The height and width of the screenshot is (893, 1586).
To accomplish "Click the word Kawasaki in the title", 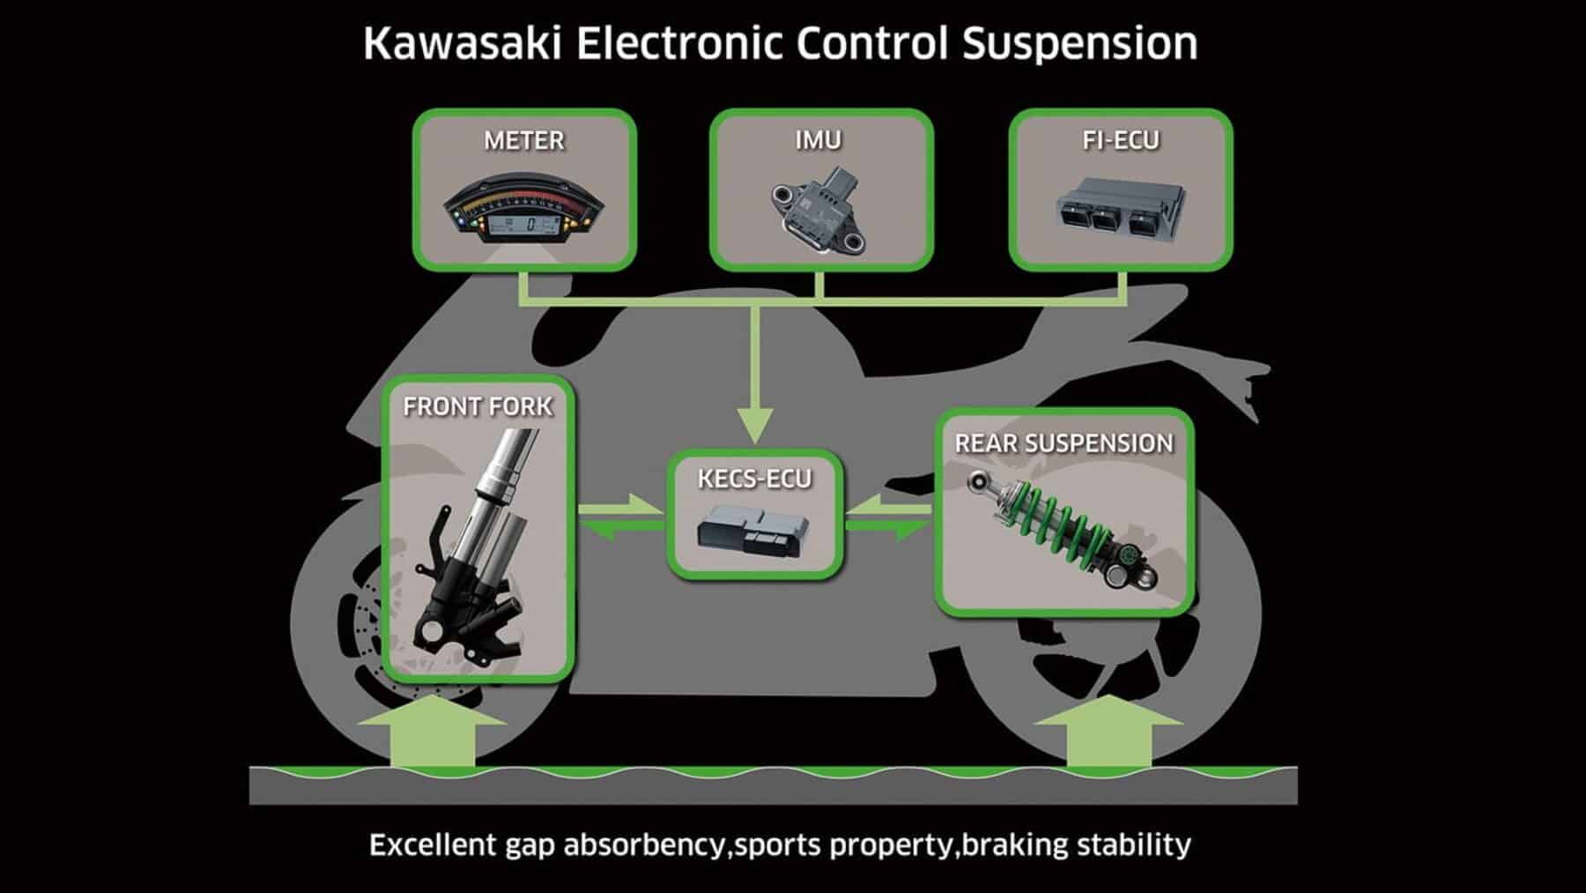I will [x=462, y=44].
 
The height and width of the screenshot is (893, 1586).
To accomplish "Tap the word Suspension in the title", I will [x=1079, y=44].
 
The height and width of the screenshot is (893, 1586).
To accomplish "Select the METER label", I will [x=523, y=140].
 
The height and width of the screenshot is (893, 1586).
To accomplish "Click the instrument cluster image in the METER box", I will [x=523, y=212].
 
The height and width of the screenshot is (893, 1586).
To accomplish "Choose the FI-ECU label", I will [x=1120, y=140].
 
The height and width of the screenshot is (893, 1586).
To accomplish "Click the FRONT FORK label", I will [x=478, y=406].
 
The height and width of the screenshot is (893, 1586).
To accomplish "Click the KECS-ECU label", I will [x=754, y=479].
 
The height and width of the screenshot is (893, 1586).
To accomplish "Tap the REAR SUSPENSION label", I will [x=1064, y=443].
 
